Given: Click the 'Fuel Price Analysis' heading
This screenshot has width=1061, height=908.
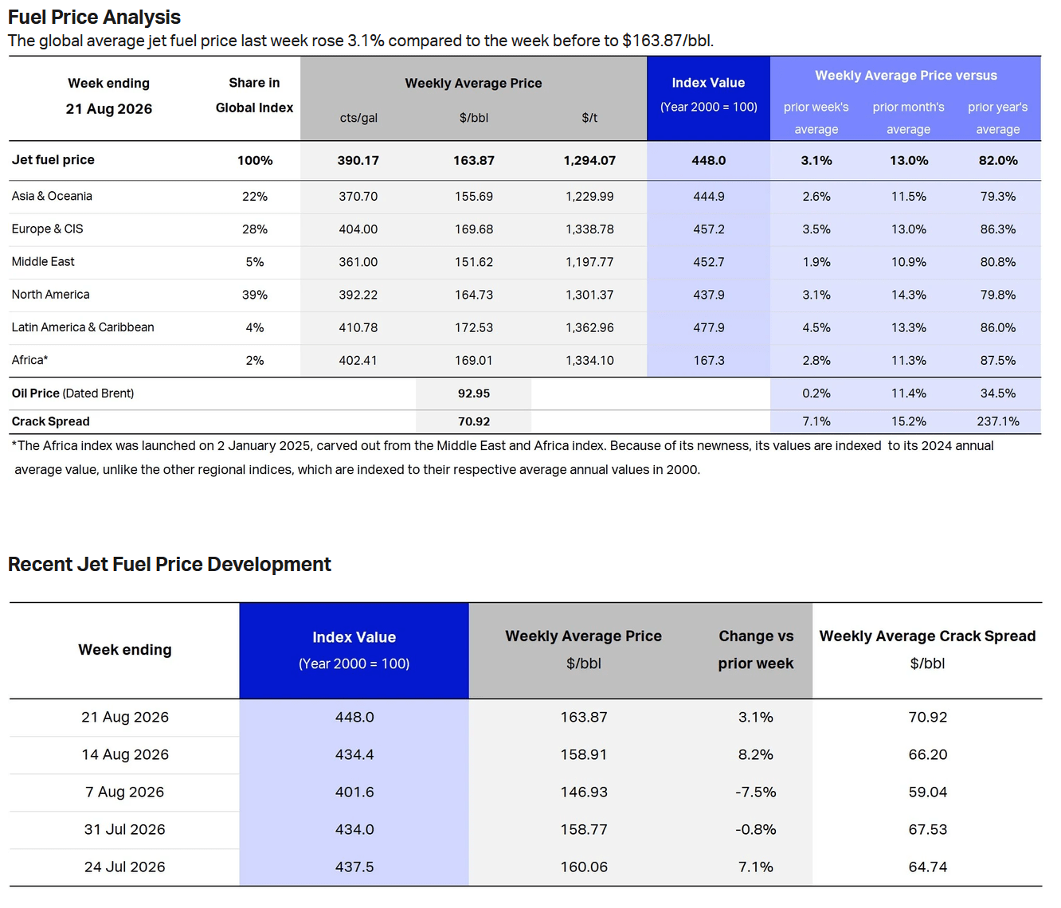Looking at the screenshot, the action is click(x=95, y=17).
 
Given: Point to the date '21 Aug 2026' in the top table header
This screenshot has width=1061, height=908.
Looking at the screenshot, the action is click(x=110, y=110).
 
